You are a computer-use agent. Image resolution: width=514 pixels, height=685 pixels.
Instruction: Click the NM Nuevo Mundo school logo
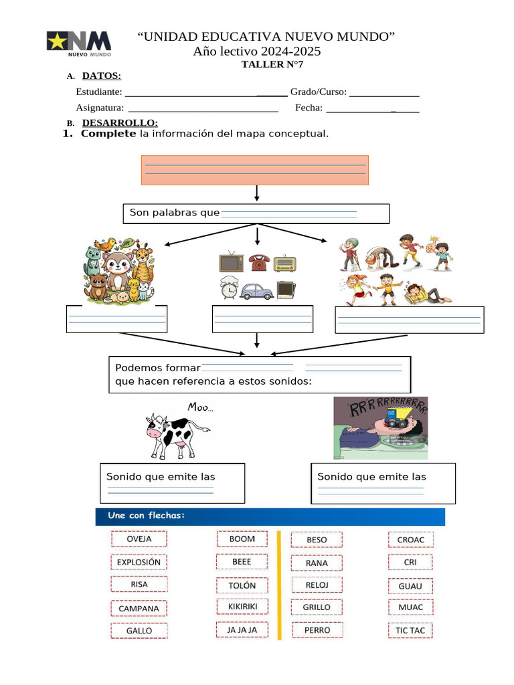tap(79, 43)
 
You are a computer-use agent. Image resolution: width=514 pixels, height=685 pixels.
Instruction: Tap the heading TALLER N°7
tap(272, 65)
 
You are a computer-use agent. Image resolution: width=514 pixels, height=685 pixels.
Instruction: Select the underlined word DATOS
tap(101, 76)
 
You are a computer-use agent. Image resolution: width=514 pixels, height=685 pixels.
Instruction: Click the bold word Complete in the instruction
tap(108, 134)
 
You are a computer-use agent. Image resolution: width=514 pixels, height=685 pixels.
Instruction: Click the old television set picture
tap(231, 262)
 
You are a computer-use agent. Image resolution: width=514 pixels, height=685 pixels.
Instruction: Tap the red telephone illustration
tap(259, 262)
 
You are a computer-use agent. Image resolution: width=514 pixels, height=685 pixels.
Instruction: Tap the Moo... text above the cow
tap(200, 407)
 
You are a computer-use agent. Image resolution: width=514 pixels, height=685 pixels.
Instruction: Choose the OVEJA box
tap(139, 539)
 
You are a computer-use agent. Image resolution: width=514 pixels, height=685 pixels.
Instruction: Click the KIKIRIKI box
tap(242, 606)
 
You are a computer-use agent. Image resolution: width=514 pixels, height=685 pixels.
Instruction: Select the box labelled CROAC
tap(410, 539)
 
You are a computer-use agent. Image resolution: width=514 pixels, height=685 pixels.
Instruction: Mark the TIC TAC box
tap(410, 630)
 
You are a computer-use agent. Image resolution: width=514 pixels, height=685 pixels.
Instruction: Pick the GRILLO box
tap(317, 607)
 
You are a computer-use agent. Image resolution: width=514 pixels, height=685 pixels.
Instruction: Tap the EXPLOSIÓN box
tap(139, 562)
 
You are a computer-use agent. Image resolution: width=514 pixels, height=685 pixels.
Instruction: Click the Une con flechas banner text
tap(147, 516)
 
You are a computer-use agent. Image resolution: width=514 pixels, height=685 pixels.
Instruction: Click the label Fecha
tap(309, 107)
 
